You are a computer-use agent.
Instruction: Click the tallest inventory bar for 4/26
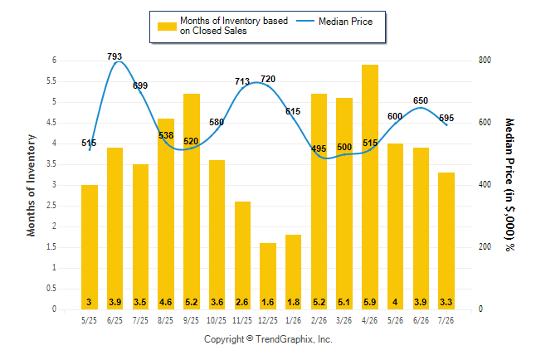[370, 187]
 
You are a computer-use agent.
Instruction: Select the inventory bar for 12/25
[268, 276]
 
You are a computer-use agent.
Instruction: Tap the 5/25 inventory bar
[90, 247]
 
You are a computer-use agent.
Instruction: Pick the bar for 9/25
[192, 202]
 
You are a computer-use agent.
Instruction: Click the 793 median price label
[115, 56]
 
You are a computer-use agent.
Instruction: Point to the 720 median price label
[268, 79]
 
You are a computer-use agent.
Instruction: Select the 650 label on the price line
[421, 100]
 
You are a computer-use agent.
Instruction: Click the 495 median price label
[319, 148]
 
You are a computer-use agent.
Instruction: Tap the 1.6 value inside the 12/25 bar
[268, 302]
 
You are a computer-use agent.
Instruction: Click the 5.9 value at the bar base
[370, 302]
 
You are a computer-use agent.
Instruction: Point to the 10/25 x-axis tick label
[217, 321]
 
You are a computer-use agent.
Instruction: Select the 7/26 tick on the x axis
[446, 321]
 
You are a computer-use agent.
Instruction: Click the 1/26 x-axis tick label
[293, 321]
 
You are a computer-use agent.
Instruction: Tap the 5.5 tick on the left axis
[51, 81]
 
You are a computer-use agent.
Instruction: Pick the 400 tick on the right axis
[485, 185]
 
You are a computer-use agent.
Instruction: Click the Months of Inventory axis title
[31, 185]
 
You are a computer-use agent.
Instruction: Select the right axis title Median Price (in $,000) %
[509, 185]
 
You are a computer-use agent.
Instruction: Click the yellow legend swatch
[167, 27]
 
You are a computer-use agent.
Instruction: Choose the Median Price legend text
[346, 22]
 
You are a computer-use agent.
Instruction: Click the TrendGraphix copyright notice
[268, 339]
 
